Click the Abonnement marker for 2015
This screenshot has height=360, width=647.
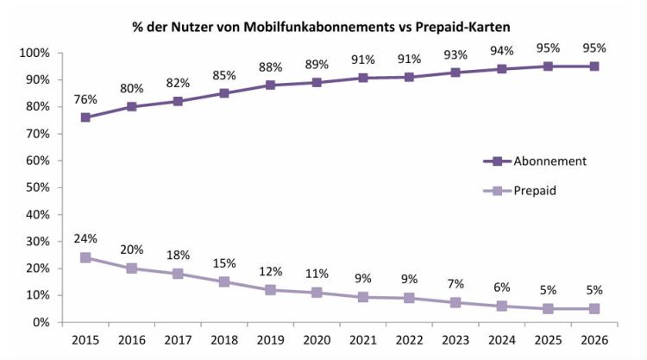[x=85, y=117]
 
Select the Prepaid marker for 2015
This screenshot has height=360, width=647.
[x=85, y=257]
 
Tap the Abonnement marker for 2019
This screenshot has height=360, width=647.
[x=269, y=85]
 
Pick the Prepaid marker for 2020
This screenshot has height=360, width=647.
[x=316, y=293]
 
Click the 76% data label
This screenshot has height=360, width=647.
[x=85, y=99]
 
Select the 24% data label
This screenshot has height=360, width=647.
[x=85, y=239]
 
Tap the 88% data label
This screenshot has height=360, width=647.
[x=269, y=67]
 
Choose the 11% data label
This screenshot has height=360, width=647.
[x=316, y=275]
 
